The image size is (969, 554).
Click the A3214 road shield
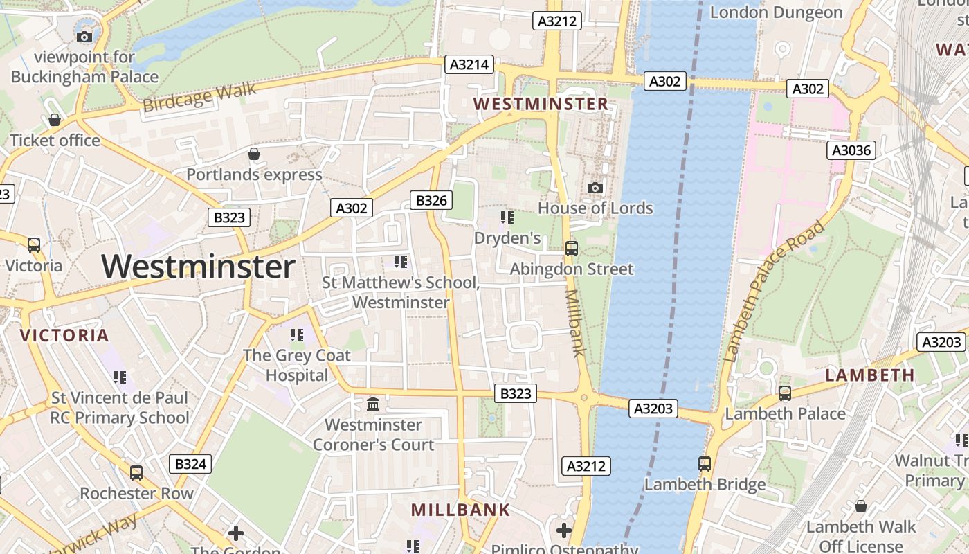tap(469, 65)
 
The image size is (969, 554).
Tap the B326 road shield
tap(431, 201)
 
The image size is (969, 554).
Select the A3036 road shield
tap(852, 150)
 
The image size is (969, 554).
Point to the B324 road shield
tap(190, 464)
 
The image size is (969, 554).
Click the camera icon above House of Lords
tap(595, 188)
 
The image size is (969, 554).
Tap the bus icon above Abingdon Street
tap(572, 248)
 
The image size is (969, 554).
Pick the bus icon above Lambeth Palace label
tap(785, 393)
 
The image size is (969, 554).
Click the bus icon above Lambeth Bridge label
tap(705, 463)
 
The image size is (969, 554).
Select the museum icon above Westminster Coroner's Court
tap(373, 403)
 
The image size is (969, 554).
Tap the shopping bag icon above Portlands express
tap(254, 153)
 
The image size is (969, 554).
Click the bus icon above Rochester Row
tap(136, 472)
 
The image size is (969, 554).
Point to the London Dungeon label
tap(776, 12)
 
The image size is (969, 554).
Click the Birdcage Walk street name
tap(199, 97)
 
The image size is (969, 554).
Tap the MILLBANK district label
tap(460, 510)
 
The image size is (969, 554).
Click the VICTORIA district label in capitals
tap(64, 336)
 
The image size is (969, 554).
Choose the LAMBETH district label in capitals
tap(870, 375)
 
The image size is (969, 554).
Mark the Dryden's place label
tap(507, 238)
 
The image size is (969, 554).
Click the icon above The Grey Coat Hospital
tap(298, 335)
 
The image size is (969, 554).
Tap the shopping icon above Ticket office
tap(55, 120)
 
